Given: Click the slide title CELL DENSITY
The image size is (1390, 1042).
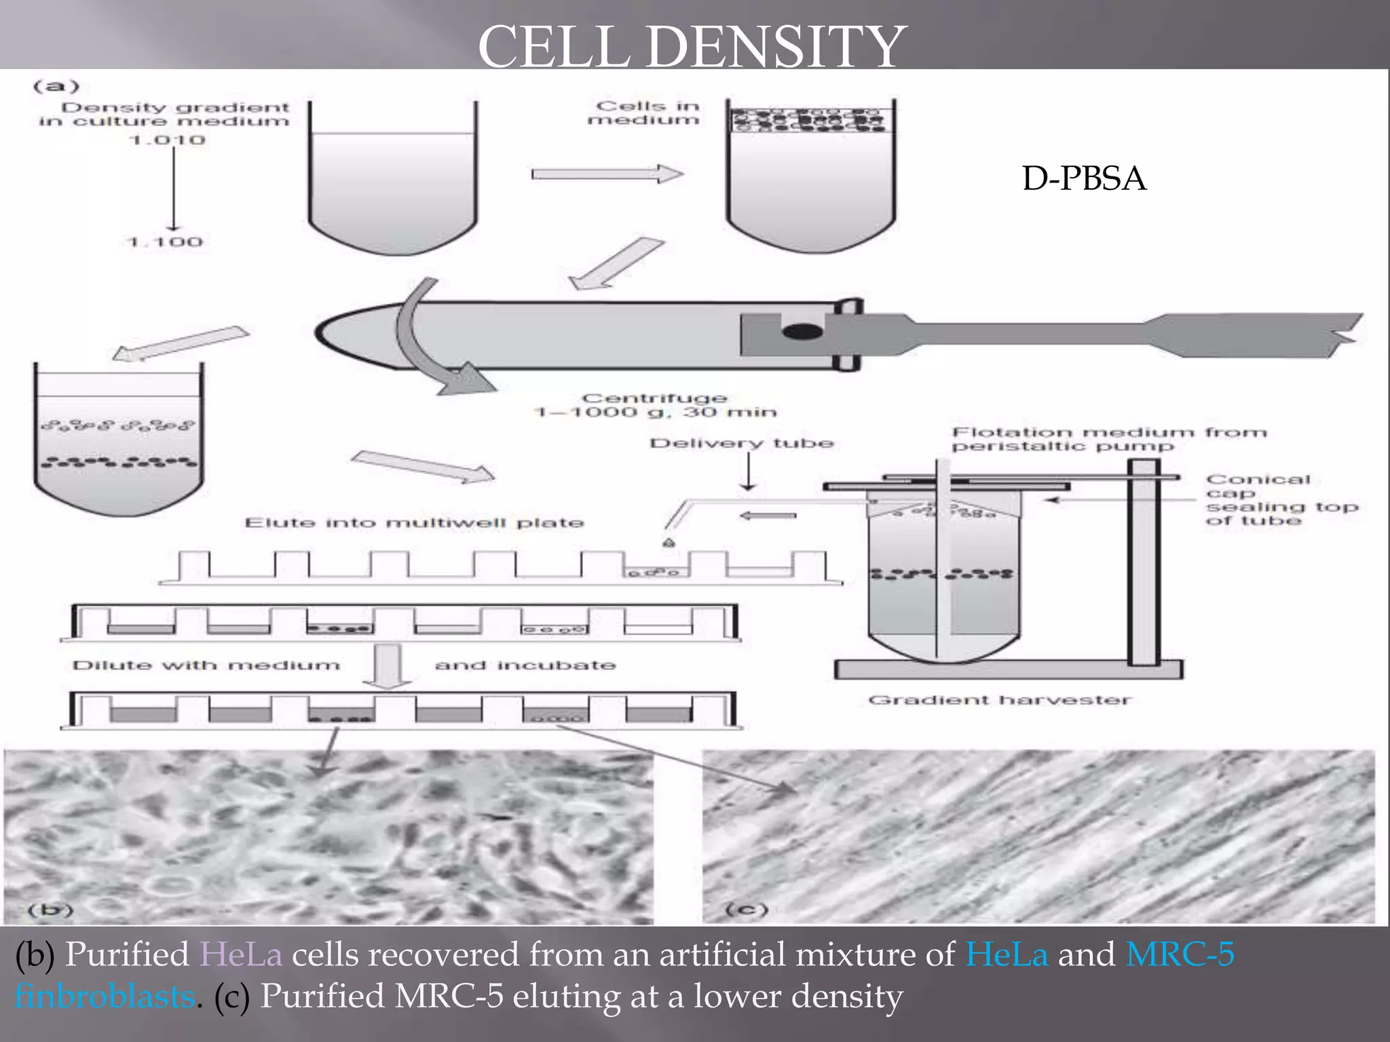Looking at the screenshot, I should point(692,46).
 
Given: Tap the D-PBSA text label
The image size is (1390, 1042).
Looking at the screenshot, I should point(1084,178).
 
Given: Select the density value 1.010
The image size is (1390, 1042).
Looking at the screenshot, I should point(167,140).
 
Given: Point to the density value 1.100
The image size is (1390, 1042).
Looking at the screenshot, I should point(165,242).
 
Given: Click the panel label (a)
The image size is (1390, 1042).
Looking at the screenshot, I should point(56,86).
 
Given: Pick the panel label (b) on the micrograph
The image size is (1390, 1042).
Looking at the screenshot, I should point(50,909).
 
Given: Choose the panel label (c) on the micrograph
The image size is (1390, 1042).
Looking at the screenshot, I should point(747,909).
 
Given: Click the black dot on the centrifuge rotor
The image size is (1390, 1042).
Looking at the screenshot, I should point(802,332).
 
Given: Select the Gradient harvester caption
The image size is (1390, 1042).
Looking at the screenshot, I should point(999,700).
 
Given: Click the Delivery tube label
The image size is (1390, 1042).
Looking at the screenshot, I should point(741,444).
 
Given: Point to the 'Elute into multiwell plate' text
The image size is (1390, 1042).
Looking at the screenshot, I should point(414,523).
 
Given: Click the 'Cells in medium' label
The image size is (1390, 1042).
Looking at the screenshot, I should point(645,113).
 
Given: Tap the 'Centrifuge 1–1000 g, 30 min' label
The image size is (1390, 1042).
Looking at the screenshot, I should point(655,405).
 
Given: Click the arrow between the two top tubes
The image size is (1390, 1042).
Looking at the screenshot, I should point(607,174).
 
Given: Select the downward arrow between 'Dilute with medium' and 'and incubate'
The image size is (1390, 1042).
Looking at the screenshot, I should point(386,665).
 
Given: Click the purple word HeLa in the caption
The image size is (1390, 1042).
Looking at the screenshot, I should point(241,954).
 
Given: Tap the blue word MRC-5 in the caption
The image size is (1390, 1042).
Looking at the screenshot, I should point(1180,954).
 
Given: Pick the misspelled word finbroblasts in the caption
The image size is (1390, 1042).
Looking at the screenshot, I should point(105,997).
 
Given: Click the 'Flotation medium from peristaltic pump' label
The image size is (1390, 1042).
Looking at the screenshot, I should point(1108,439).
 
